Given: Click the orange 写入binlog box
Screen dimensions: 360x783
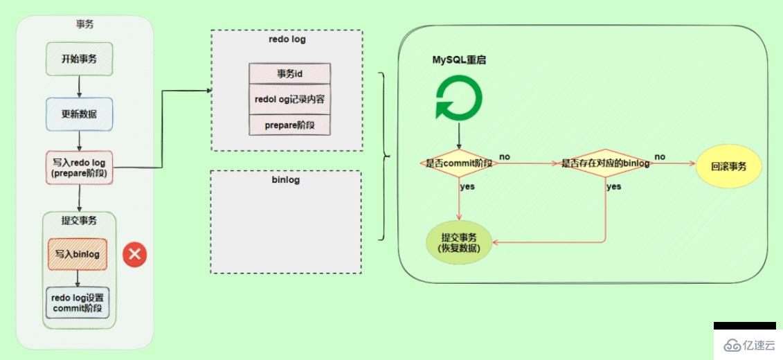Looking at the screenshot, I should [x=78, y=254].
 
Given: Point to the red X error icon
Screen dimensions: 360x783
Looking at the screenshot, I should [x=134, y=254].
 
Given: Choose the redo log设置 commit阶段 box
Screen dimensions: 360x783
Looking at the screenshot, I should [x=78, y=303].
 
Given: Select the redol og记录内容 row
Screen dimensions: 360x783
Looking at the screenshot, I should [x=289, y=99].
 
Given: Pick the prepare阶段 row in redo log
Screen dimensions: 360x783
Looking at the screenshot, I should [x=289, y=125].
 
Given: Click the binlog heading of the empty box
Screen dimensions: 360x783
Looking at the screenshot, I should [x=286, y=180].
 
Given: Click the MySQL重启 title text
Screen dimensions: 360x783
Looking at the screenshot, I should [x=459, y=60].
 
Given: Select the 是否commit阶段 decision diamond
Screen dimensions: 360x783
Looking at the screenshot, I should [x=458, y=164].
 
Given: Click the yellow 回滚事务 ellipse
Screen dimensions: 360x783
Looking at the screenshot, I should [x=728, y=167].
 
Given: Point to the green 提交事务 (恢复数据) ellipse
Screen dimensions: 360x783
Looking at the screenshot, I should [x=460, y=242].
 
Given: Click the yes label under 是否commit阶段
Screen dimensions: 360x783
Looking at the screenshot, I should [x=468, y=186].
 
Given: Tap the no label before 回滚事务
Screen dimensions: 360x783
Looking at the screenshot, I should [x=660, y=157].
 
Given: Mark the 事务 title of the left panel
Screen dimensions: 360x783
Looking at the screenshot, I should [x=84, y=24].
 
